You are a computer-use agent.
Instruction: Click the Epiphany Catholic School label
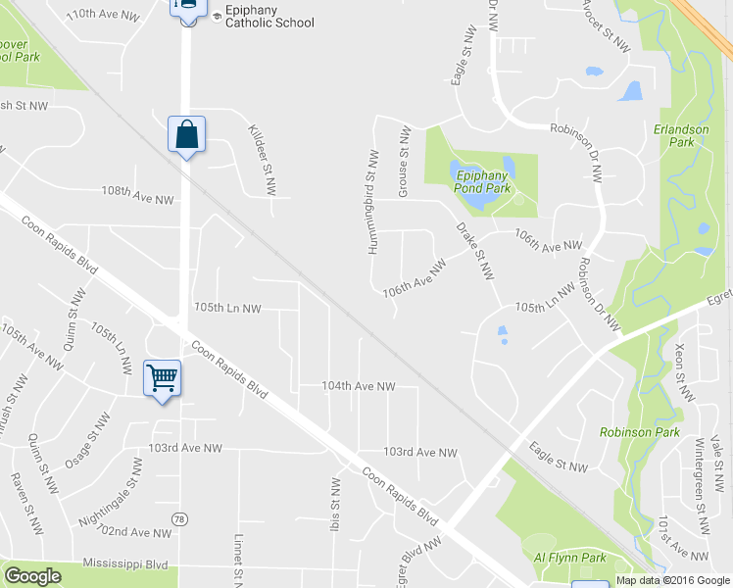(x=269, y=15)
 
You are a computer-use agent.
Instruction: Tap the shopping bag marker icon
(x=186, y=134)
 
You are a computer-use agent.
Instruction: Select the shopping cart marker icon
(x=162, y=377)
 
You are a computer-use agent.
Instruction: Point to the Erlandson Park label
(x=673, y=135)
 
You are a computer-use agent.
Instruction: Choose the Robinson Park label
(x=627, y=432)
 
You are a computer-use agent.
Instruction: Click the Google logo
(x=32, y=576)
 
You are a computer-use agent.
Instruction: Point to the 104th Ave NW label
(x=358, y=387)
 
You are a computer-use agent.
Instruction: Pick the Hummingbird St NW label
(x=373, y=202)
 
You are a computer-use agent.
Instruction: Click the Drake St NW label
(x=474, y=251)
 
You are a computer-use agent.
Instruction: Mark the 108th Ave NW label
(x=137, y=199)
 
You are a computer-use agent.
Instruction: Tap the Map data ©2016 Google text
(x=673, y=580)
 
